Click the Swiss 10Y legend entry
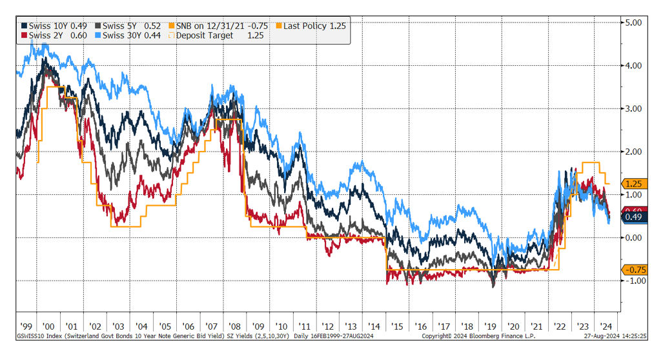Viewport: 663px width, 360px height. click(x=54, y=25)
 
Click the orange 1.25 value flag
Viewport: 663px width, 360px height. click(x=633, y=184)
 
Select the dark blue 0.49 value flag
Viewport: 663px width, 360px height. click(x=633, y=217)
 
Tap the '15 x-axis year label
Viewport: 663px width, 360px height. click(x=398, y=326)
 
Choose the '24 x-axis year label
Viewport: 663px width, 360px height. click(x=606, y=326)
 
